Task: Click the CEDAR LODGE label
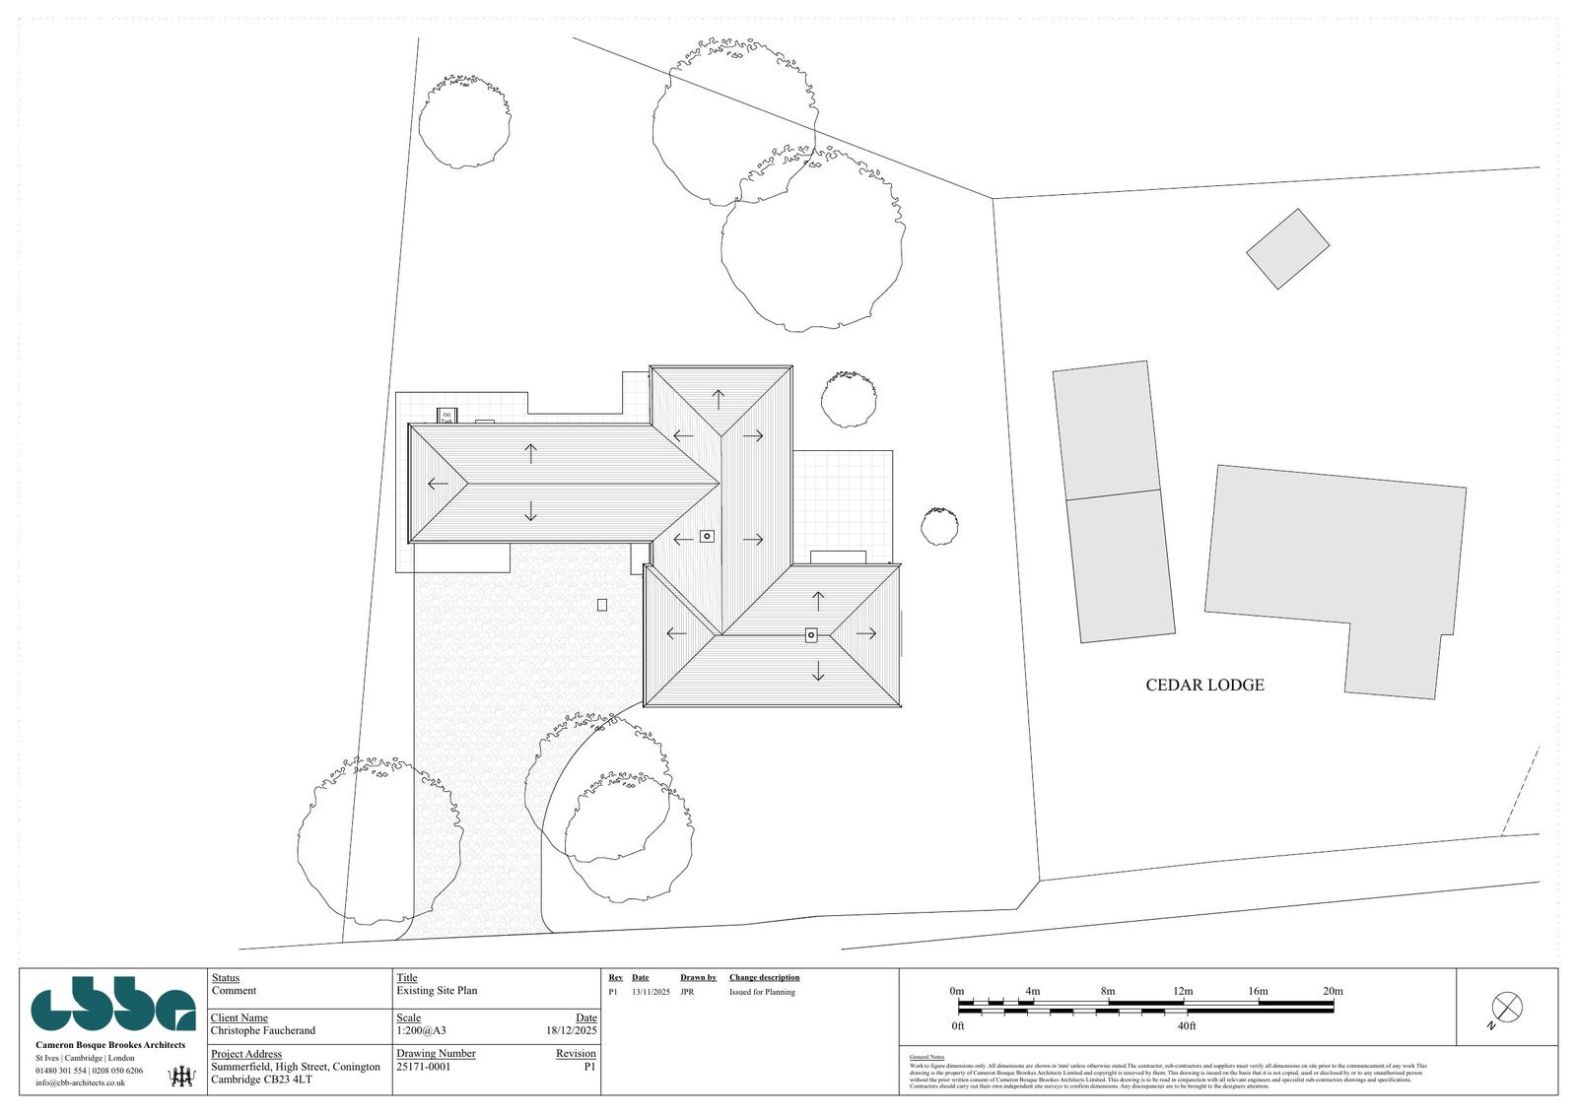[1203, 686]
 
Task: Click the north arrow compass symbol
[1507, 1008]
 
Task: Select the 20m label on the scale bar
[1333, 991]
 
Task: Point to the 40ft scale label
[1186, 1026]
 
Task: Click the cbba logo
[113, 1009]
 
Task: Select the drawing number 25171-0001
[423, 1067]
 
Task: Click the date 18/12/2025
[572, 1031]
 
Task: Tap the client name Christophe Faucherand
[263, 1031]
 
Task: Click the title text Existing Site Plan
[437, 991]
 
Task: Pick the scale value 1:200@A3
[421, 1031]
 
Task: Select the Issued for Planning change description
[762, 993]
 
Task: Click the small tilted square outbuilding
[1287, 249]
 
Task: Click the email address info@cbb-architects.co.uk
[80, 1082]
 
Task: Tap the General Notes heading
[926, 1057]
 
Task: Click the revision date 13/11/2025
[651, 993]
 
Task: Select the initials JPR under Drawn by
[687, 993]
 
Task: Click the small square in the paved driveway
[602, 605]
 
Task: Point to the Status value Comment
[234, 991]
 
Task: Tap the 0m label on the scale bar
[956, 991]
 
